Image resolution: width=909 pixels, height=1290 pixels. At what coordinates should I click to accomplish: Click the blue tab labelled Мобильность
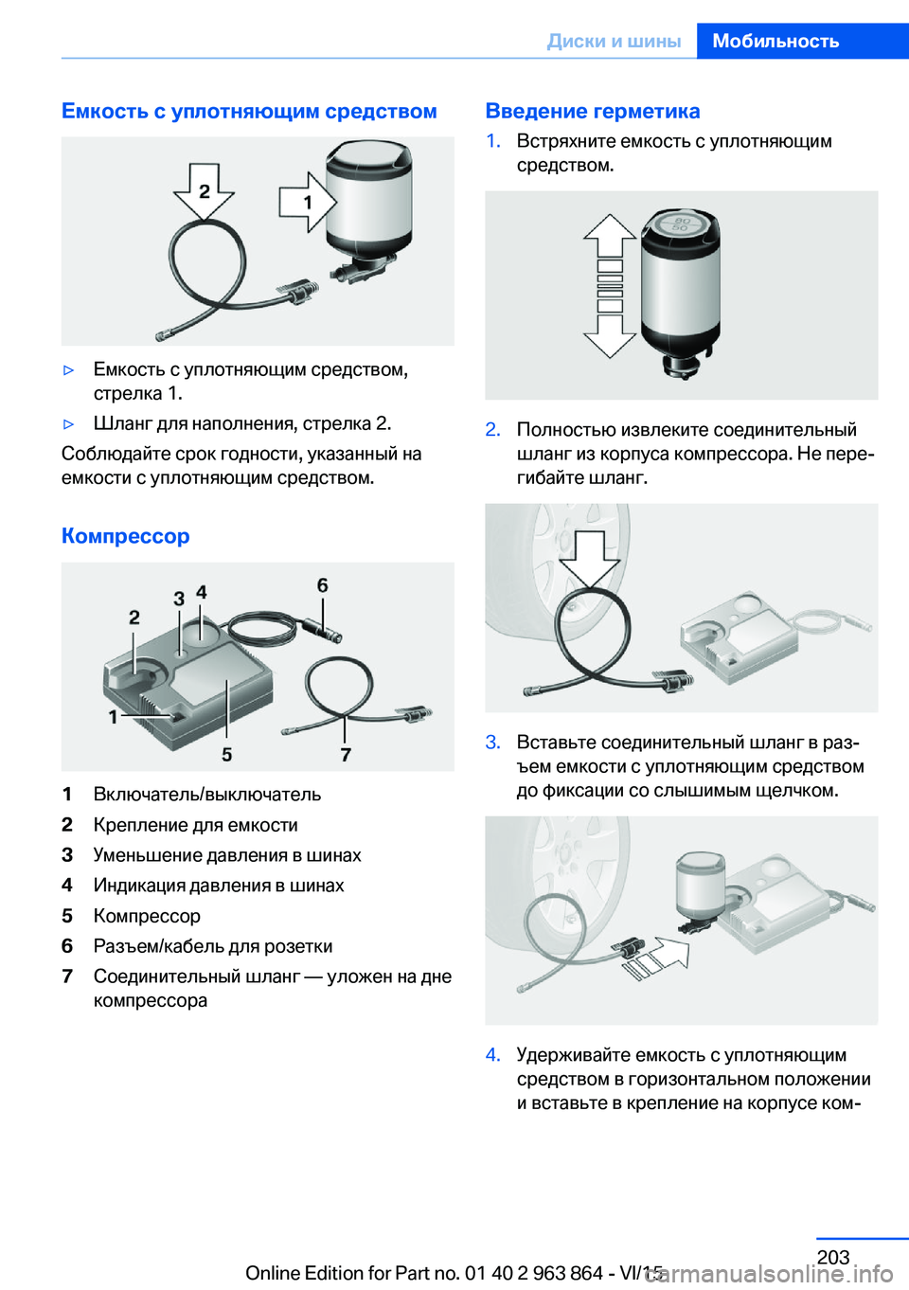click(x=803, y=41)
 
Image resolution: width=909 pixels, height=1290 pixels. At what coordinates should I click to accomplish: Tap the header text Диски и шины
click(x=614, y=41)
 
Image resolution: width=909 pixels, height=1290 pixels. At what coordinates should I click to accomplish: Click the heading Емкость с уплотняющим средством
click(x=249, y=111)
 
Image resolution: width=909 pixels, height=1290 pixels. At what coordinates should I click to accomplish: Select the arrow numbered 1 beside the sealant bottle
click(x=308, y=202)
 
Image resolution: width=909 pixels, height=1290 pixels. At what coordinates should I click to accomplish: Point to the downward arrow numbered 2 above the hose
click(x=204, y=191)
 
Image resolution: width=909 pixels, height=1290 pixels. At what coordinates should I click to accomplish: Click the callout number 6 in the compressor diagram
click(x=322, y=585)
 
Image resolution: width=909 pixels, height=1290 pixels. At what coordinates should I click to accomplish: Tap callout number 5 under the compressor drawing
click(x=227, y=754)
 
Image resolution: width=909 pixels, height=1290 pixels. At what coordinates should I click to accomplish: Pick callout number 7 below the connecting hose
click(x=346, y=754)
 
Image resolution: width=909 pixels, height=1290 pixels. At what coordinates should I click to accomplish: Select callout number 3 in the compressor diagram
click(x=179, y=599)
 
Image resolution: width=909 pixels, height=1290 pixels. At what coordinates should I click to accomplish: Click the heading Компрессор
click(x=126, y=535)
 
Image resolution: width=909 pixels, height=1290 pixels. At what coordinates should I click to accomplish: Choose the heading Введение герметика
click(x=593, y=111)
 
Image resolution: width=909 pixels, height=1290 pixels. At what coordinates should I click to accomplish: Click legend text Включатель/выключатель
click(x=207, y=794)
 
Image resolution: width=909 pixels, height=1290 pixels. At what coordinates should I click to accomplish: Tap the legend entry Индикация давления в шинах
click(x=219, y=886)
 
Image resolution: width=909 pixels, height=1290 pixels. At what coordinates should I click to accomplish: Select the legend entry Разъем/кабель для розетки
click(x=213, y=946)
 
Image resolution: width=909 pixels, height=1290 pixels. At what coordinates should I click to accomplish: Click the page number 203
click(x=833, y=1257)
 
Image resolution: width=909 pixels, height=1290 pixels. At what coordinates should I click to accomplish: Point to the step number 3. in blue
click(x=493, y=743)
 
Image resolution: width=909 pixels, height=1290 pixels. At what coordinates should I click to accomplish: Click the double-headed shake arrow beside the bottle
click(x=610, y=286)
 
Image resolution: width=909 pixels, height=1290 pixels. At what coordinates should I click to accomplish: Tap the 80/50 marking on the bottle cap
click(x=681, y=224)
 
